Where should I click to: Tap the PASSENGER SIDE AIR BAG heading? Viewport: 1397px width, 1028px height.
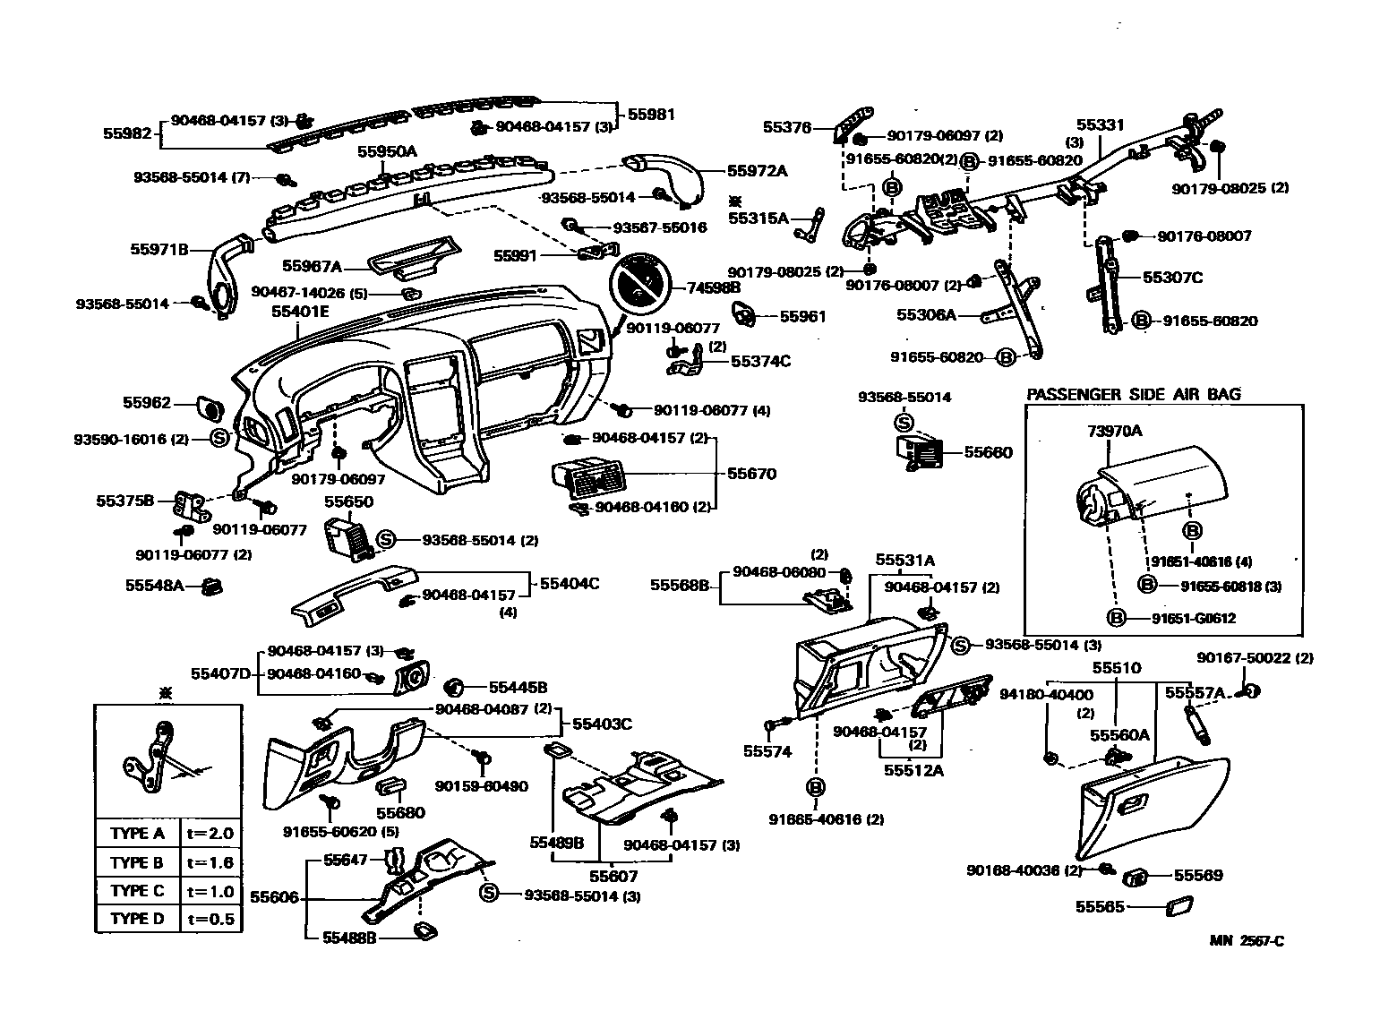point(1134,394)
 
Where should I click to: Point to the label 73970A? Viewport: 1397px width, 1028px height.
point(1114,431)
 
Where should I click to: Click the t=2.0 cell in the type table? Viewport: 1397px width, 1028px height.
point(210,833)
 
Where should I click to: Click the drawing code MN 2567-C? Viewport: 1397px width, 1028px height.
point(1247,940)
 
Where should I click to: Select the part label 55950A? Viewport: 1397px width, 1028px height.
point(387,151)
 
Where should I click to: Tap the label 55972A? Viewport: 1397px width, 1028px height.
point(757,170)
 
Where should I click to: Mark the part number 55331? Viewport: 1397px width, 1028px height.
point(1100,126)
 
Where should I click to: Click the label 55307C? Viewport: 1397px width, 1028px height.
point(1172,278)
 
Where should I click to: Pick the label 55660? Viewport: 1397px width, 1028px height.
point(988,452)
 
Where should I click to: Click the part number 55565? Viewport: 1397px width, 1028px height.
point(1100,906)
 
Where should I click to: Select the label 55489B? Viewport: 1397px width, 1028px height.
point(556,843)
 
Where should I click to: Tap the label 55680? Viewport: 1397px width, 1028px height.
point(400,813)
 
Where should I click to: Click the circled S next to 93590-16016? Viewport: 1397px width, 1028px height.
point(221,439)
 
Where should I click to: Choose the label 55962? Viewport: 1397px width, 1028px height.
point(147,403)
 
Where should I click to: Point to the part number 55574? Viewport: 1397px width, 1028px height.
point(767,751)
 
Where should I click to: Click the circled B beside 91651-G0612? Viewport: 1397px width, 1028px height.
point(1117,618)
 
